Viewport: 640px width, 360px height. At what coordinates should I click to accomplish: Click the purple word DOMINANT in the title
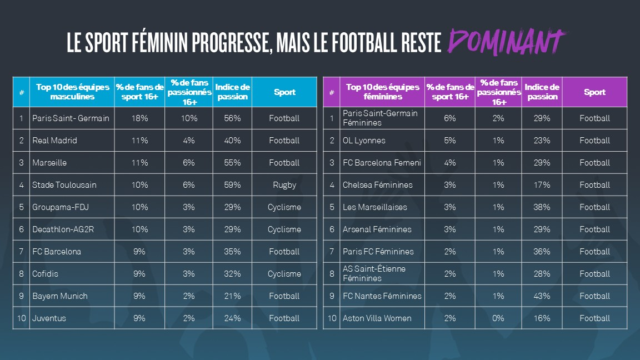pos(507,42)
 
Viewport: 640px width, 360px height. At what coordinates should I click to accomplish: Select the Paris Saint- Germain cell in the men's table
pos(71,118)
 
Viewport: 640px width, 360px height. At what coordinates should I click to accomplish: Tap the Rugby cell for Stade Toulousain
pos(284,185)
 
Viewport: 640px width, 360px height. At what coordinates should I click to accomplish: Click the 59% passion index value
pos(232,185)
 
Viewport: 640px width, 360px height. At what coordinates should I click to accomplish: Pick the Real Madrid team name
pos(54,141)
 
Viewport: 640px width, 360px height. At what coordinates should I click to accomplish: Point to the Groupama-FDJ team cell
pos(61,207)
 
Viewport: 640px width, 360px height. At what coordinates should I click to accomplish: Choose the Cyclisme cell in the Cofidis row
pos(284,274)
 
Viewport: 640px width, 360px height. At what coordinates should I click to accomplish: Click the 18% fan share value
pos(139,118)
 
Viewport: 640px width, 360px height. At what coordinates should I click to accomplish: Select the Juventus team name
pos(49,318)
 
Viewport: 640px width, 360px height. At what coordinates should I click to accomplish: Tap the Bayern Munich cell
pos(60,296)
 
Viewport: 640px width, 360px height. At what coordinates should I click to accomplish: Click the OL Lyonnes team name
pos(364,141)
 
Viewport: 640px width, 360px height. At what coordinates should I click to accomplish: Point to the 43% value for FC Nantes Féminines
pos(542,296)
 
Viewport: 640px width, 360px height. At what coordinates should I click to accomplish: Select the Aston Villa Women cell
pos(377,318)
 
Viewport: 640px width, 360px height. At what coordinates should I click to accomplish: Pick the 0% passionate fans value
pos(499,318)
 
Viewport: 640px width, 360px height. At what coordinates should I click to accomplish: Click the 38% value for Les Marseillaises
pos(542,207)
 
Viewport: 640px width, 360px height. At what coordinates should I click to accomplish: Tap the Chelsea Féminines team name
pos(378,185)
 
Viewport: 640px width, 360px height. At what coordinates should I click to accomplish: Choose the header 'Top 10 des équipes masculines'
pos(72,92)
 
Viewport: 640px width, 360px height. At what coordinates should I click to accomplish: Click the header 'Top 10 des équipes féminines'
pos(382,92)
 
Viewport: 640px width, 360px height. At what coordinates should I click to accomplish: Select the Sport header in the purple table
pos(594,92)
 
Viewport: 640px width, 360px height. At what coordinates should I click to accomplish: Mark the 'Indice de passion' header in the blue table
pos(232,92)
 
